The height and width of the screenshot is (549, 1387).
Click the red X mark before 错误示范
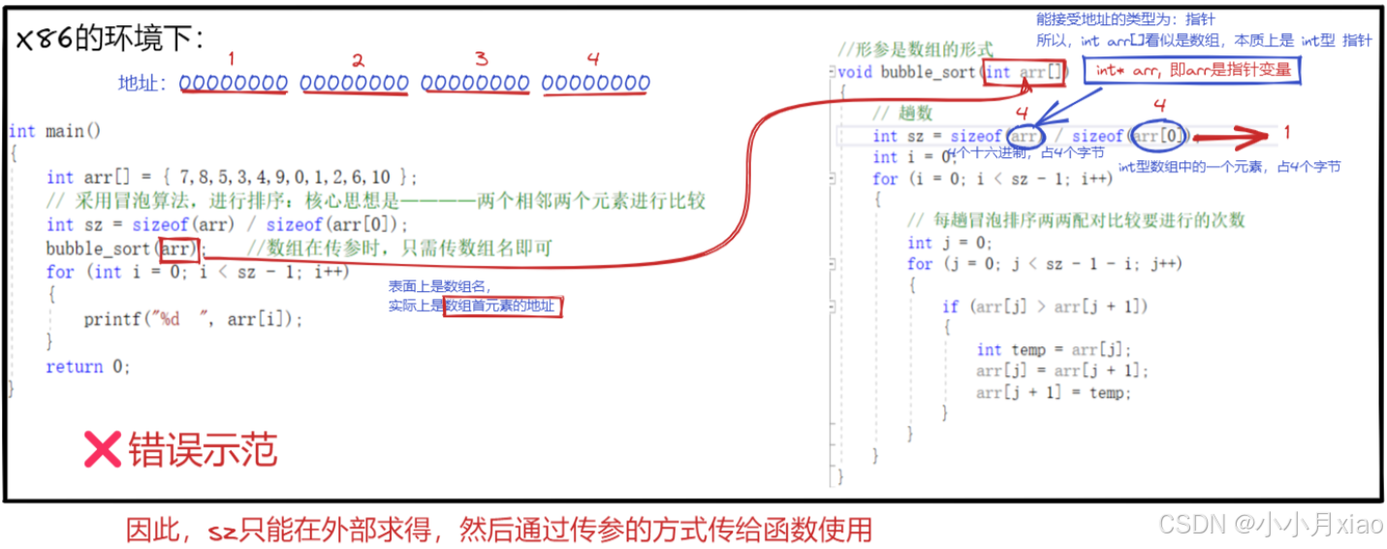pyautogui.click(x=101, y=450)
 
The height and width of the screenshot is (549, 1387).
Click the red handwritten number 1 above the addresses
pyautogui.click(x=232, y=58)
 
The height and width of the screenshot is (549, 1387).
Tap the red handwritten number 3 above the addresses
pyautogui.click(x=481, y=59)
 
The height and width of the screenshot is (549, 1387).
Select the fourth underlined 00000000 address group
pyautogui.click(x=595, y=84)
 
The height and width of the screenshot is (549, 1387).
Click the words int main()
pyautogui.click(x=54, y=131)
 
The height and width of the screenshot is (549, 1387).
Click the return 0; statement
pyautogui.click(x=88, y=367)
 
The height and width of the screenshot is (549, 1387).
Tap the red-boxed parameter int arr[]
pyautogui.click(x=1026, y=72)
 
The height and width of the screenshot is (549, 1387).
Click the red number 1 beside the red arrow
pyautogui.click(x=1286, y=132)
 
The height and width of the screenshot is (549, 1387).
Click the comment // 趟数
pyautogui.click(x=901, y=113)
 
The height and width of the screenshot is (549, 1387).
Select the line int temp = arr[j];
pyautogui.click(x=1054, y=350)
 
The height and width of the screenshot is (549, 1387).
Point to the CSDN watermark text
pyautogui.click(x=1271, y=525)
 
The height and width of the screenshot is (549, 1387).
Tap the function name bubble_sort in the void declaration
pyautogui.click(x=928, y=72)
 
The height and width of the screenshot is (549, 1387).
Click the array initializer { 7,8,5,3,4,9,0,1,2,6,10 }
pyautogui.click(x=287, y=177)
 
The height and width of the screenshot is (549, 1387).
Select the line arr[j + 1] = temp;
pyautogui.click(x=1054, y=393)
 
